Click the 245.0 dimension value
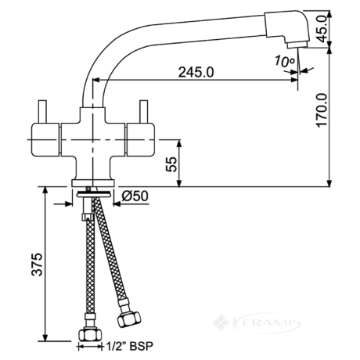coord(196,72)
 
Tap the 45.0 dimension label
coord(322,28)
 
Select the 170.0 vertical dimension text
coord(322,110)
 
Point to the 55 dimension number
coord(171,164)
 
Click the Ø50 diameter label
coord(135,196)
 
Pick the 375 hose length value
coord(37,264)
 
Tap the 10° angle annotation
coord(284,61)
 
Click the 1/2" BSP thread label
coord(129,347)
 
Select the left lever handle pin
coord(42,111)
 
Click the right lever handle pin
coord(144,111)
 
